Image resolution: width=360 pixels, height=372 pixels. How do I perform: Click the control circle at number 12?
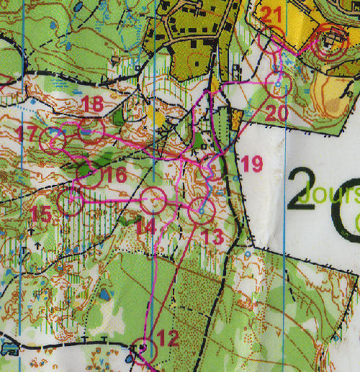coord(147,348)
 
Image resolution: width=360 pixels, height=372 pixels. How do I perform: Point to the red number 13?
coord(212,235)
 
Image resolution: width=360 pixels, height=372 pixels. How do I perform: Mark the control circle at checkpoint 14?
coord(153,200)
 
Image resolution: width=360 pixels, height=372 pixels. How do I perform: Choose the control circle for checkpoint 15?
coord(72,203)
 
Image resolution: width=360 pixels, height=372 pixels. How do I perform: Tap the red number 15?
coord(42,214)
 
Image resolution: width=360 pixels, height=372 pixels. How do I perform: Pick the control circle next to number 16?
coord(89,176)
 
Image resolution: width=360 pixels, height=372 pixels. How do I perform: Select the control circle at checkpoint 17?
coord(53,139)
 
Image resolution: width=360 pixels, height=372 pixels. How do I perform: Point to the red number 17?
coord(29,134)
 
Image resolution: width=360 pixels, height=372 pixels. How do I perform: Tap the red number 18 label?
coord(92,104)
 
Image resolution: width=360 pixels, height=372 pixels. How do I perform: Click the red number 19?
coord(251,163)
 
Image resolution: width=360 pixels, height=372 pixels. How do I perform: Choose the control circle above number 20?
coord(279,86)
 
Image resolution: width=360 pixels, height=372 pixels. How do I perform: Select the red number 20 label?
coord(276,113)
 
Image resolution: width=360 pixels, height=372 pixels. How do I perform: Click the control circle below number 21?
coord(271,44)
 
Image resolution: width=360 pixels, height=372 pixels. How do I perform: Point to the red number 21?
coord(272,14)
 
